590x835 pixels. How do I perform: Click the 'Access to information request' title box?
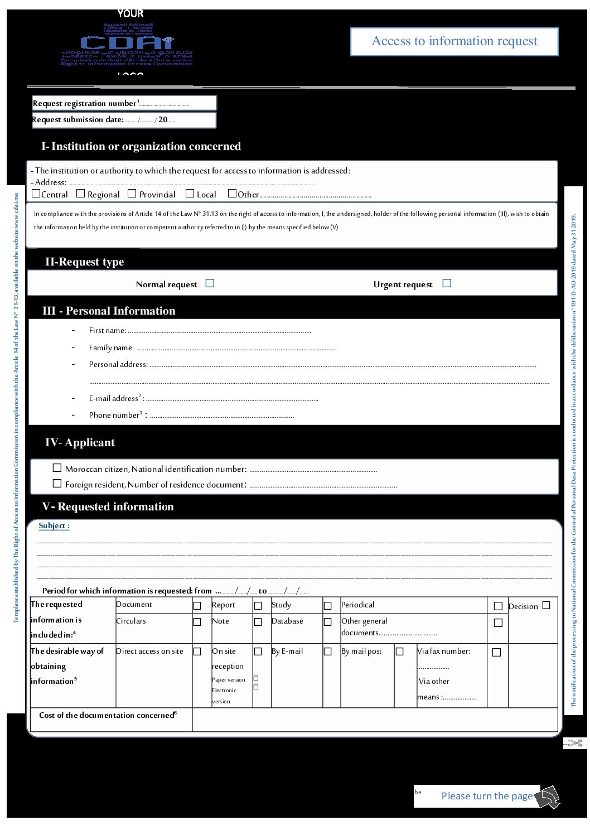(x=454, y=41)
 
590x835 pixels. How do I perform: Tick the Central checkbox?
(x=36, y=194)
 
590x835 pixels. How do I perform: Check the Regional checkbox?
(x=80, y=194)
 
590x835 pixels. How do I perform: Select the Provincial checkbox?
(x=132, y=194)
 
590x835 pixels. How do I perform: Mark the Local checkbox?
(x=190, y=194)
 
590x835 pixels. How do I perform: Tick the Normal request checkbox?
(x=210, y=283)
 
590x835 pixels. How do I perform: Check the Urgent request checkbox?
(x=447, y=283)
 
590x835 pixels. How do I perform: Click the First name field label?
(x=107, y=331)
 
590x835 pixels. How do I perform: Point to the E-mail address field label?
(x=114, y=398)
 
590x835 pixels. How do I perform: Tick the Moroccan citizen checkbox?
(x=57, y=468)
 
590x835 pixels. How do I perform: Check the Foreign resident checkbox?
(x=57, y=484)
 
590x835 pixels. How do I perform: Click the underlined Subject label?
(x=54, y=525)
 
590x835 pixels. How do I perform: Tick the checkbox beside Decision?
(x=546, y=605)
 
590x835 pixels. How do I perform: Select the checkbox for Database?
(x=328, y=622)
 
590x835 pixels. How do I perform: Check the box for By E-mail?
(x=328, y=651)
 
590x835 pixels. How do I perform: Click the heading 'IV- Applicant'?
(x=80, y=443)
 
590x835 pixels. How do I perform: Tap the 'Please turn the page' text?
(x=487, y=796)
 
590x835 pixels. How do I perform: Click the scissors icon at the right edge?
(x=576, y=743)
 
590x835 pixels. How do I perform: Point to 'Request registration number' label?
(x=84, y=103)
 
